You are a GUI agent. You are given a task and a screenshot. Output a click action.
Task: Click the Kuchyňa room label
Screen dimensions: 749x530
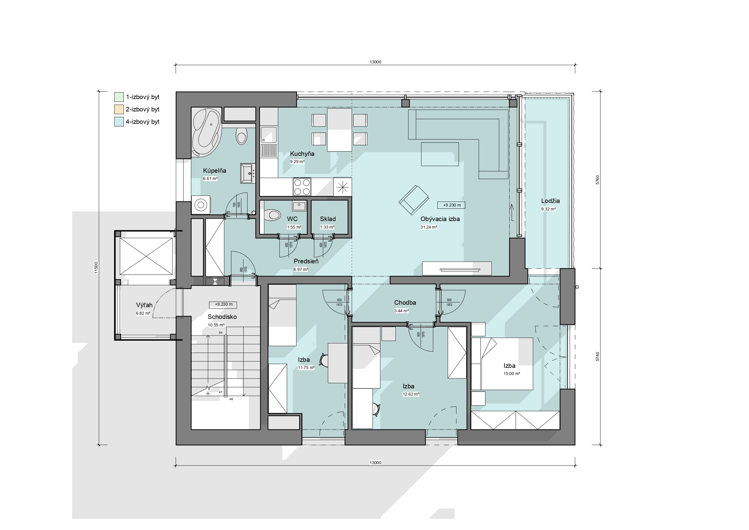pyautogui.click(x=302, y=154)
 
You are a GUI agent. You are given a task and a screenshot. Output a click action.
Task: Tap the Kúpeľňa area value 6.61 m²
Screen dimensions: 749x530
pyautogui.click(x=210, y=178)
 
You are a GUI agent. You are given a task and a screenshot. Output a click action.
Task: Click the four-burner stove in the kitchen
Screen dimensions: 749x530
pyautogui.click(x=302, y=187)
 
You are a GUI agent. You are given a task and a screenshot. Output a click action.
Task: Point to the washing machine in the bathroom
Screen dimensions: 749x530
pyautogui.click(x=201, y=205)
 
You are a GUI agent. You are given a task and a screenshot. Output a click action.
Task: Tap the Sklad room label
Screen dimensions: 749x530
pyautogui.click(x=328, y=219)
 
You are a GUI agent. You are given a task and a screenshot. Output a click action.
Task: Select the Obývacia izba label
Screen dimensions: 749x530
pyautogui.click(x=440, y=219)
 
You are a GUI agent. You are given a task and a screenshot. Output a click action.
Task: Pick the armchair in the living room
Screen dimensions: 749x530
pyautogui.click(x=414, y=200)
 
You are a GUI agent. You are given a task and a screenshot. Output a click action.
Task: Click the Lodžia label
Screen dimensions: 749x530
pyautogui.click(x=550, y=201)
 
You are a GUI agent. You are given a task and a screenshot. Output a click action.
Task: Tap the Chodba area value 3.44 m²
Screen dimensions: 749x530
pyautogui.click(x=401, y=311)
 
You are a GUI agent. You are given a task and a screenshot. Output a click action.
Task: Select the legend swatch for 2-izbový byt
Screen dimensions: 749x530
pyautogui.click(x=119, y=109)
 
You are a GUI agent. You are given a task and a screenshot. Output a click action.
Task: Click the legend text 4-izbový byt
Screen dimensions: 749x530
pyautogui.click(x=142, y=122)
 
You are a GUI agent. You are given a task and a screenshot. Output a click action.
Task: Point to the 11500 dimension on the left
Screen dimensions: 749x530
pyautogui.click(x=96, y=268)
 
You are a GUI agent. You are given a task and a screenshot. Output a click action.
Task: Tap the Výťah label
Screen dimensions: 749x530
pyautogui.click(x=144, y=305)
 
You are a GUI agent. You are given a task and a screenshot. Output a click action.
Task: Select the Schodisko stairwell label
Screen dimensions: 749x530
pyautogui.click(x=222, y=316)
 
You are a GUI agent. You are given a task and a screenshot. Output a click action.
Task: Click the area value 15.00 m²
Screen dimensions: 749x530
pyautogui.click(x=511, y=374)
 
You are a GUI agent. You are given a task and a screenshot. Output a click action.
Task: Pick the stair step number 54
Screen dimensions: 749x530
pyautogui.click(x=220, y=332)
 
